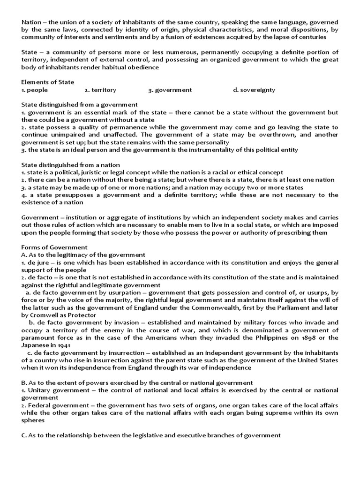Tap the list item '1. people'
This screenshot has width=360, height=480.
point(35,90)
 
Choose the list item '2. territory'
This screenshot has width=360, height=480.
point(100,90)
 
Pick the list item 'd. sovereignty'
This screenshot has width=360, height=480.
point(254,90)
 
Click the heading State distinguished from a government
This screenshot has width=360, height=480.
point(80,105)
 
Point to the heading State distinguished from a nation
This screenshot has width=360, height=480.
point(71,165)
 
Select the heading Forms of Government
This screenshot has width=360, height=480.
point(54,247)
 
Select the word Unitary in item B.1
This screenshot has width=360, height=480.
point(41,390)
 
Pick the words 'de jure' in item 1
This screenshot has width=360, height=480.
point(38,262)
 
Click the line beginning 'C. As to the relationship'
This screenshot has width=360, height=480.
point(151,435)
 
